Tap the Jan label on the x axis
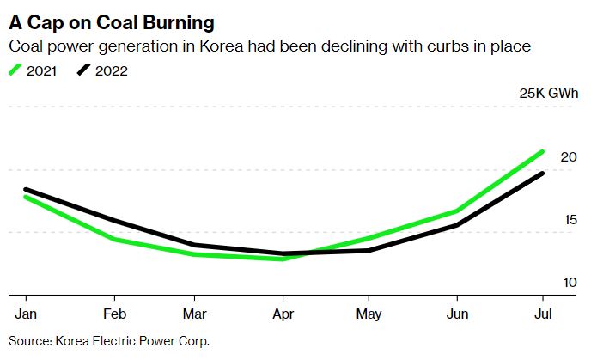[x=27, y=314]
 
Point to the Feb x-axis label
[x=115, y=314]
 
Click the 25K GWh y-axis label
[x=546, y=94]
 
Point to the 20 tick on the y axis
[x=568, y=157]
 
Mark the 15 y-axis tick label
[x=568, y=220]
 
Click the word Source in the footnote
[x=29, y=341]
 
